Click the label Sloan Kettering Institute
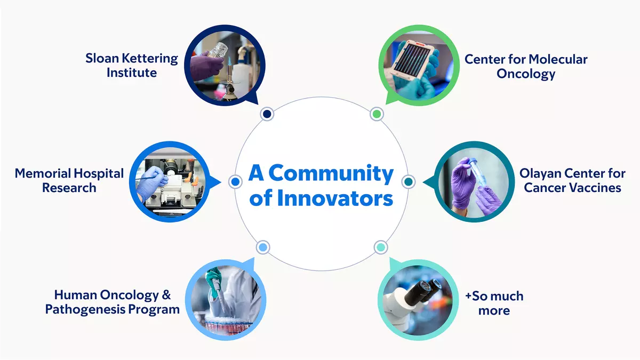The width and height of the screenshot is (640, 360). coord(131,65)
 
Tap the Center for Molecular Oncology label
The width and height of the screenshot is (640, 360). coord(525,66)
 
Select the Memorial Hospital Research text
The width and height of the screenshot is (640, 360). coord(69,180)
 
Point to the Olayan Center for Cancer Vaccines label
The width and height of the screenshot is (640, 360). coord(572,180)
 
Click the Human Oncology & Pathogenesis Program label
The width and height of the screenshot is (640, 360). coord(112,302)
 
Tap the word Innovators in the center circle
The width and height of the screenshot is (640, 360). coord(335,198)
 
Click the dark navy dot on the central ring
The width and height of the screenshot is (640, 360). coord(267,114)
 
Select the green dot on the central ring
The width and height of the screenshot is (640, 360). coord(377,114)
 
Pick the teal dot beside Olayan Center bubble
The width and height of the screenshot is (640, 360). coord(408,181)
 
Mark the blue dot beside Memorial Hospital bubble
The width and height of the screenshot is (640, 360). coord(235,182)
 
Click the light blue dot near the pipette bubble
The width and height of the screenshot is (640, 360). coord(263,247)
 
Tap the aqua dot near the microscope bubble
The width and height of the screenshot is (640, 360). coord(380,247)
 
